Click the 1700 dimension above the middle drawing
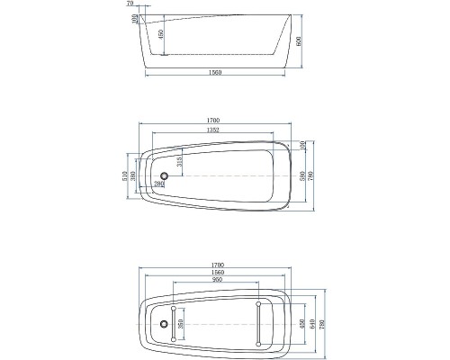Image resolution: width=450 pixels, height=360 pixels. click(213, 120)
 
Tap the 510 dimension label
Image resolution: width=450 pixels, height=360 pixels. click(125, 176)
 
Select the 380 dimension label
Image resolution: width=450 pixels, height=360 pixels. click(135, 176)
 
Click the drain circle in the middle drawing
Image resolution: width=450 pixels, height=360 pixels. click(165, 176)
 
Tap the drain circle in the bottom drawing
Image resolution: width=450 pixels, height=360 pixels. click(164, 322)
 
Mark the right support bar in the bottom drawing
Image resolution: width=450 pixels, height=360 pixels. click(259, 322)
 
